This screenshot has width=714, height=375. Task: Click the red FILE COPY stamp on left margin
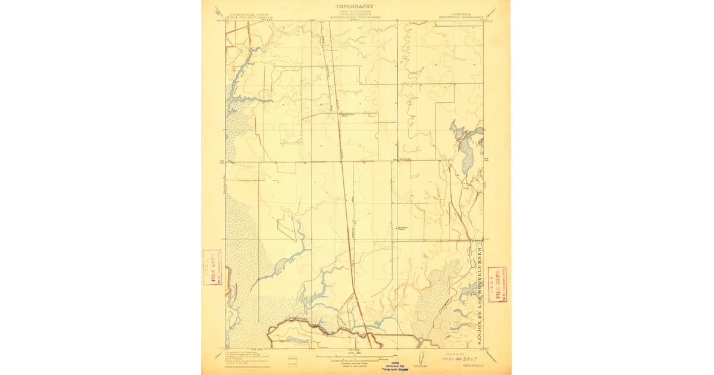click(212, 267)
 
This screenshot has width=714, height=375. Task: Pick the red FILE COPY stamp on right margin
click(497, 284)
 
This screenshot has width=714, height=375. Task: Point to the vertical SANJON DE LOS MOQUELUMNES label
click(480, 295)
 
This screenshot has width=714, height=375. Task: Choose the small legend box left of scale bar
click(292, 360)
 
